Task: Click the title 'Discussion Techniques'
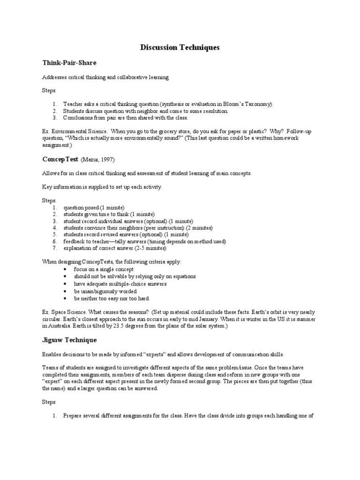[180, 48]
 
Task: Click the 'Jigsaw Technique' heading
[69, 339]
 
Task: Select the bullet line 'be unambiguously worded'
[98, 291]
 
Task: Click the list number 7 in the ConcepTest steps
[54, 248]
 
